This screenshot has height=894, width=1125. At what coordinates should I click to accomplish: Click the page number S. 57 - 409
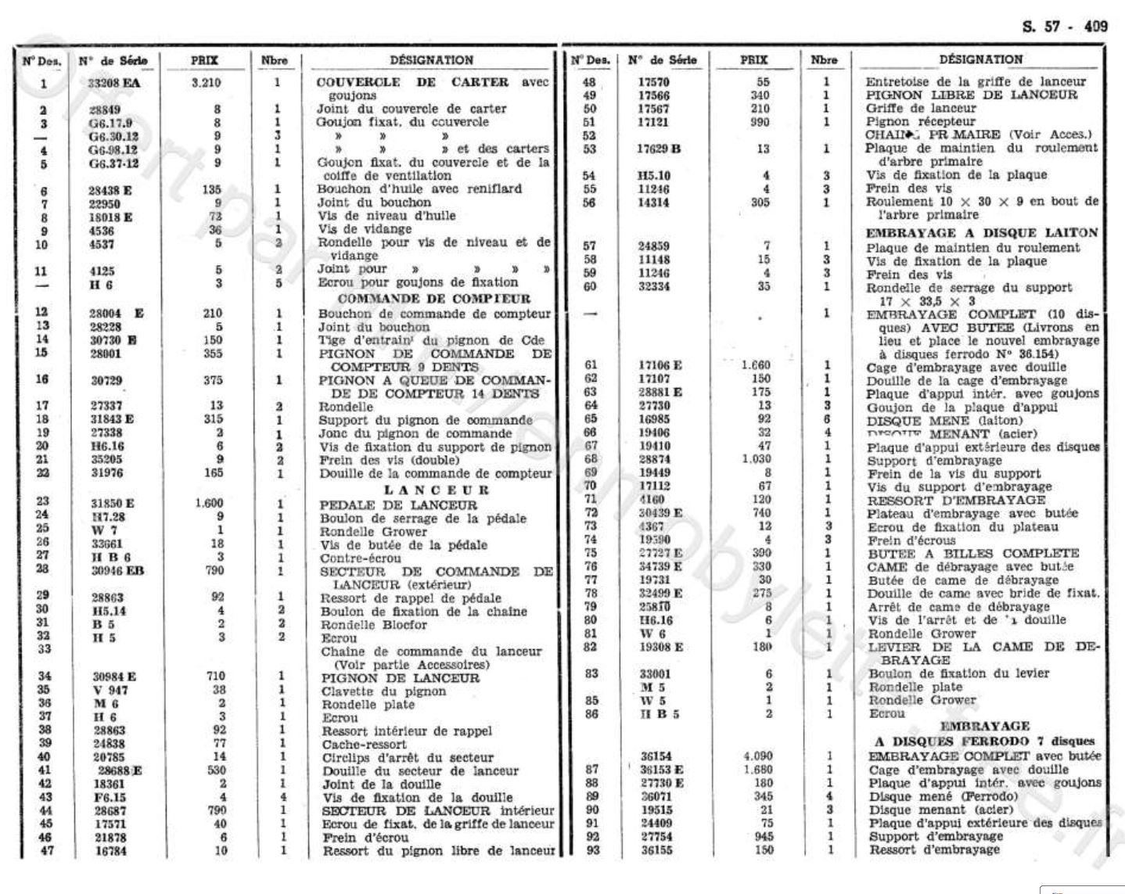tap(1065, 26)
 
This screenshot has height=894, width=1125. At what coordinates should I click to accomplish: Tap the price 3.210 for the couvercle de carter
tap(205, 82)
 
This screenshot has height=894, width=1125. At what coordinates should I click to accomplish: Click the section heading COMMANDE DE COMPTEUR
tap(434, 299)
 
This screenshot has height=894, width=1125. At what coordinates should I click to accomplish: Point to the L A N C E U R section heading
tap(437, 490)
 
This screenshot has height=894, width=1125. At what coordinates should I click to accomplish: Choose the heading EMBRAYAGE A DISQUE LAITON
tap(982, 233)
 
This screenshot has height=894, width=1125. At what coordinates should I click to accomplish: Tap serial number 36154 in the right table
tap(656, 756)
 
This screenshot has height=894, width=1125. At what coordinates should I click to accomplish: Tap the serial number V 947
tap(110, 690)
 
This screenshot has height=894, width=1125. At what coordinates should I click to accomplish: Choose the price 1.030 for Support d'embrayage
tap(756, 459)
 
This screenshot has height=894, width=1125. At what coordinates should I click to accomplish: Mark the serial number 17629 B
tap(660, 149)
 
